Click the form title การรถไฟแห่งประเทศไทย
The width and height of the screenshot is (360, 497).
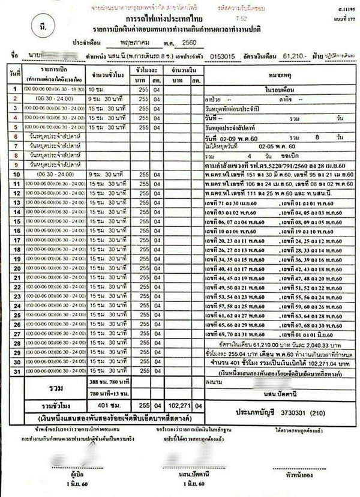tap(180, 19)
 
